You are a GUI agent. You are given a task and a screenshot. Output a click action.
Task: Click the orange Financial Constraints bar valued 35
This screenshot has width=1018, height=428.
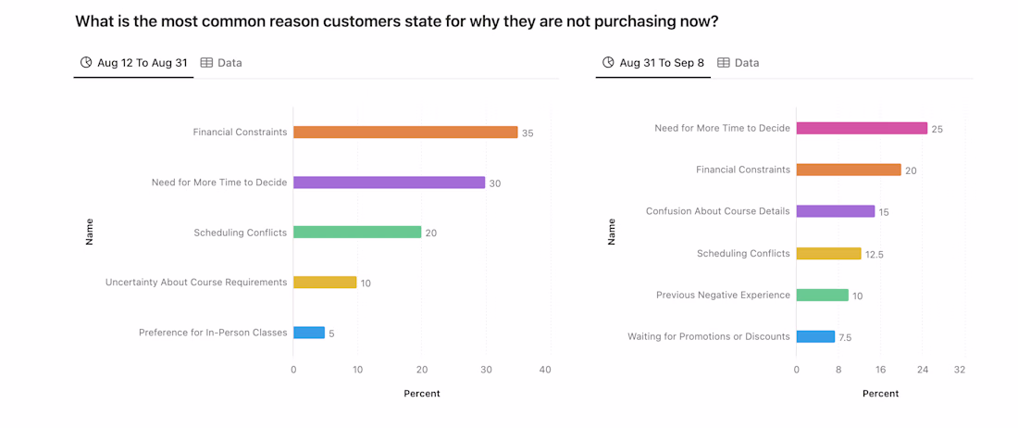(x=405, y=132)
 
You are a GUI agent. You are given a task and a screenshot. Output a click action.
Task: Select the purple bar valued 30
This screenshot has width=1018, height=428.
(x=389, y=183)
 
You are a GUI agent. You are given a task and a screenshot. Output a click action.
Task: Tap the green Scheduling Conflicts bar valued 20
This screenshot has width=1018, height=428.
(x=357, y=233)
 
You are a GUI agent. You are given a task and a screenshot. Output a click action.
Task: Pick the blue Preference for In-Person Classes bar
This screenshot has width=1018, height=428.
(x=309, y=333)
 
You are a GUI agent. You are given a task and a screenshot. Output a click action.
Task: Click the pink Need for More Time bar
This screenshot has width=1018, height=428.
(x=862, y=129)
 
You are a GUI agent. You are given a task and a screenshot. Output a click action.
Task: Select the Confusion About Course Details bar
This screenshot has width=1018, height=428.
(x=835, y=211)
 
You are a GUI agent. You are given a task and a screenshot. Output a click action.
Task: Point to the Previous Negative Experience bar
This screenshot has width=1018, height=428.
(x=822, y=296)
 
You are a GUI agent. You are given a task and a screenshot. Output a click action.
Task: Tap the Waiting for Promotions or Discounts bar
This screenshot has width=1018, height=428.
(x=815, y=337)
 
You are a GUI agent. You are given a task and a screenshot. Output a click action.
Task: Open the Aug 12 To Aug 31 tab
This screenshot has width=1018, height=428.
(x=134, y=63)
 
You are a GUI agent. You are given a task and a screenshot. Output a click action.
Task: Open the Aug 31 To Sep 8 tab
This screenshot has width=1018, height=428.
(x=653, y=63)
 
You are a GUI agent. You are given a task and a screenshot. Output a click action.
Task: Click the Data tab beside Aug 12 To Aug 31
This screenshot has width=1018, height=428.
(x=221, y=63)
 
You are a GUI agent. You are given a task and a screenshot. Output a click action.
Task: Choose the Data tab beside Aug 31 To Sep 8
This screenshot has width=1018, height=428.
(x=739, y=63)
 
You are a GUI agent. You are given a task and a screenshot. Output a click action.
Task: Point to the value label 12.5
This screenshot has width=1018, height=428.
(x=875, y=255)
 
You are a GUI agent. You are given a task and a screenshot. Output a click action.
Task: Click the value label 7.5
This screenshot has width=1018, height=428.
(x=845, y=338)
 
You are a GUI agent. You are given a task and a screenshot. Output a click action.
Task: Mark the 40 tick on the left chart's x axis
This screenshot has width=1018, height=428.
(x=545, y=371)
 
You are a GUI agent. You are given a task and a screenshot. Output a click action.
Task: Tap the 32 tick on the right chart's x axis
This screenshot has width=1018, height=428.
(x=960, y=370)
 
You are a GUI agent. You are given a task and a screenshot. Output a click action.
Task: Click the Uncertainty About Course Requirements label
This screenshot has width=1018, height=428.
(x=196, y=283)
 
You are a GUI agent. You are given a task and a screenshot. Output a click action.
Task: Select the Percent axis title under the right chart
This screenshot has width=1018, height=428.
(x=880, y=394)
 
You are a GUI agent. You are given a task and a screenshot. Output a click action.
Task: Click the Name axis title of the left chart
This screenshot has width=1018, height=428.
(x=90, y=232)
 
